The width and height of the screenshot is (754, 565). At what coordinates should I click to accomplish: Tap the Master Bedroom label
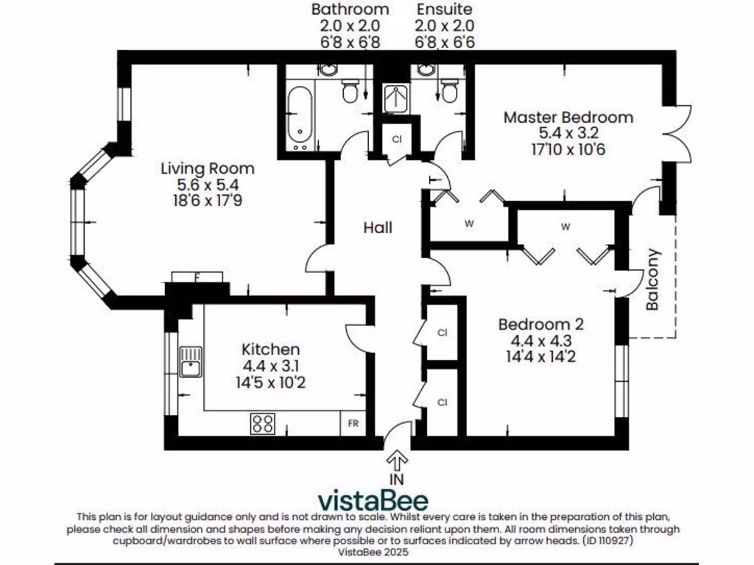click(568, 118)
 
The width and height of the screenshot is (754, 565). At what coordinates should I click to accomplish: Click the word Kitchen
click(271, 349)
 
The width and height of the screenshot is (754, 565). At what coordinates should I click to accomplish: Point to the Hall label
click(377, 228)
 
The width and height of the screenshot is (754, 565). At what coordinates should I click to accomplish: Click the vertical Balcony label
click(652, 280)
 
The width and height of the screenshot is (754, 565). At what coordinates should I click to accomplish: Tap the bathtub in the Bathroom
click(299, 116)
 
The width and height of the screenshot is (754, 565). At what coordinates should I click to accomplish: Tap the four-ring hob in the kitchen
click(263, 424)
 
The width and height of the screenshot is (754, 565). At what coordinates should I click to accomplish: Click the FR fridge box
click(353, 424)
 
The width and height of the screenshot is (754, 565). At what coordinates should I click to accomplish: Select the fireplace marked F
click(197, 277)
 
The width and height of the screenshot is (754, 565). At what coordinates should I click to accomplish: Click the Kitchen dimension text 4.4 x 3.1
click(271, 366)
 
